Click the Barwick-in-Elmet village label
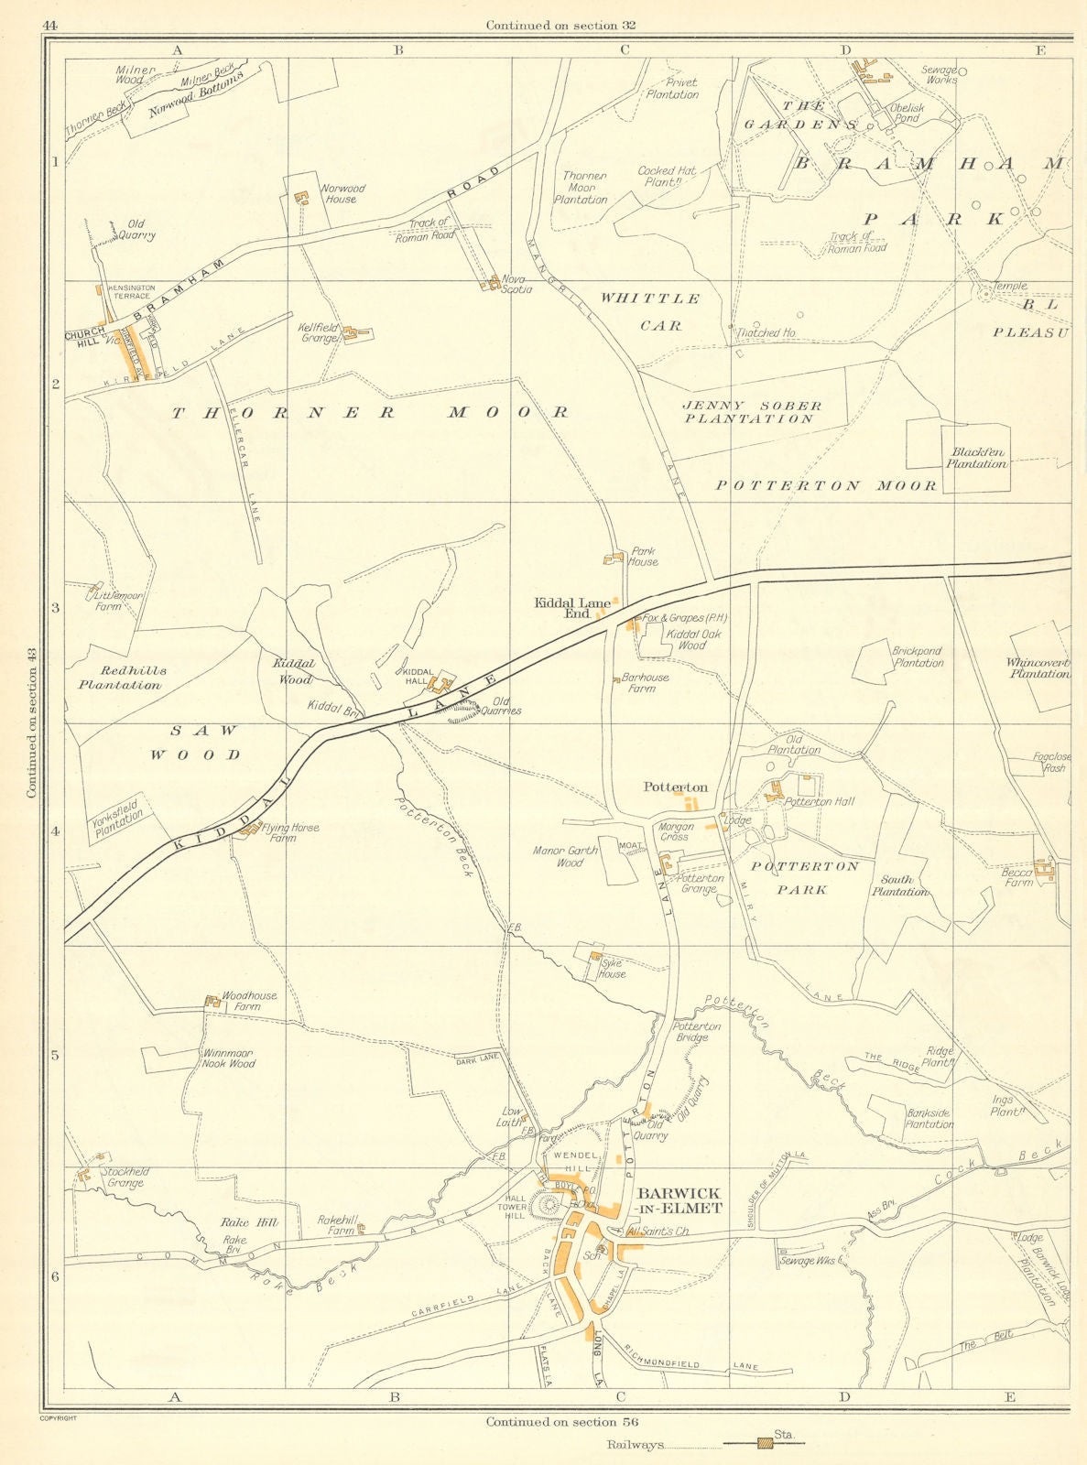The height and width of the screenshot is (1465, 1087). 679,1200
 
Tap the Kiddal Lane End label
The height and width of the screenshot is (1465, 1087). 572,608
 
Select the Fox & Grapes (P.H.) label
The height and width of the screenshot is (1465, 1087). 685,619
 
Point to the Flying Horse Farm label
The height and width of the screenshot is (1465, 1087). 290,832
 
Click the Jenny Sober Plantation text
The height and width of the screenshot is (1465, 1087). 751,412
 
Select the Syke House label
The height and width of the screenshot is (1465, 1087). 612,968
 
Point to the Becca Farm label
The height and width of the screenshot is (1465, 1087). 1016,877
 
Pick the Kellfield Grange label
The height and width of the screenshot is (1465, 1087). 318,332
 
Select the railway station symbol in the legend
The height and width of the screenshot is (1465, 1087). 765,1445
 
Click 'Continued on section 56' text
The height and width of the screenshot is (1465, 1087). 561,1422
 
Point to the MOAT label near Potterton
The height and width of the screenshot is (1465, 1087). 632,846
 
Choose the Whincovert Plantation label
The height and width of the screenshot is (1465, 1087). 1037,668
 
